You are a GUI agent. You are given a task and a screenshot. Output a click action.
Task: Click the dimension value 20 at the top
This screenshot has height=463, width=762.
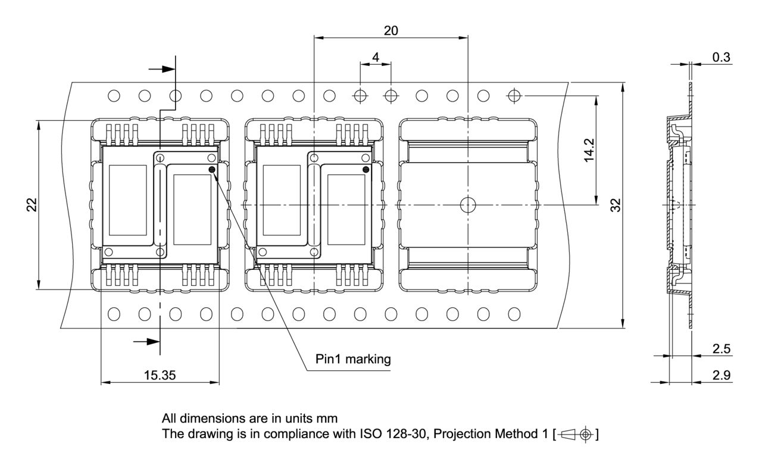pyautogui.click(x=391, y=31)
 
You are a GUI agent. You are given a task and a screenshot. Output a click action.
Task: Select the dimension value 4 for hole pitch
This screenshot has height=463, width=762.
pyautogui.click(x=375, y=58)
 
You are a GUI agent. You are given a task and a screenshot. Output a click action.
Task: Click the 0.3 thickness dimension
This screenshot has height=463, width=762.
pyautogui.click(x=722, y=57)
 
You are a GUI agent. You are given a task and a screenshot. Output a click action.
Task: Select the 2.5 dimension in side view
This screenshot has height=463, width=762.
pyautogui.click(x=722, y=349)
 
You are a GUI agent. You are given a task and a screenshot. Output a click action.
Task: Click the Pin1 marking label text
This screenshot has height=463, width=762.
pyautogui.click(x=353, y=359)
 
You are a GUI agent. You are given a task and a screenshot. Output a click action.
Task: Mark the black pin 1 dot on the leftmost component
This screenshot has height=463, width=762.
pyautogui.click(x=213, y=170)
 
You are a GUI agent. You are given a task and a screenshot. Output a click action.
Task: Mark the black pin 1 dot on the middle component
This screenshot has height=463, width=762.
pyautogui.click(x=366, y=170)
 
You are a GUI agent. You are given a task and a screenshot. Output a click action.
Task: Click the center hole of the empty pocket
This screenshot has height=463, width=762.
pyautogui.click(x=468, y=205)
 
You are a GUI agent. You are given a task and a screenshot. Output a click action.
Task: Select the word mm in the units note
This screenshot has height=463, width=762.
pyautogui.click(x=329, y=418)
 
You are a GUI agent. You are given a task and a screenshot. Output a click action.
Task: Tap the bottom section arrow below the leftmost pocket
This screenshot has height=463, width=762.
pyautogui.click(x=147, y=342)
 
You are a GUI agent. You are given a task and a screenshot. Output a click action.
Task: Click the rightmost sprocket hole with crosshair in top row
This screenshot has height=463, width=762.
pyautogui.click(x=514, y=95)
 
